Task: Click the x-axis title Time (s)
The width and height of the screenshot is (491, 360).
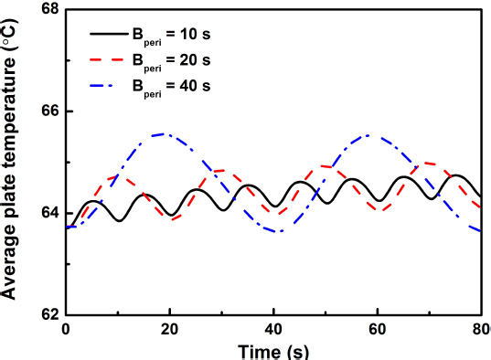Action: point(273,351)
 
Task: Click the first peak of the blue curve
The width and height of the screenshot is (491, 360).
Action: point(164,133)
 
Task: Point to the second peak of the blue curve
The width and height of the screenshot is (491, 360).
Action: point(368,135)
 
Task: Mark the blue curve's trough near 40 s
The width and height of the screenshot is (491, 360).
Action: point(276,231)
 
